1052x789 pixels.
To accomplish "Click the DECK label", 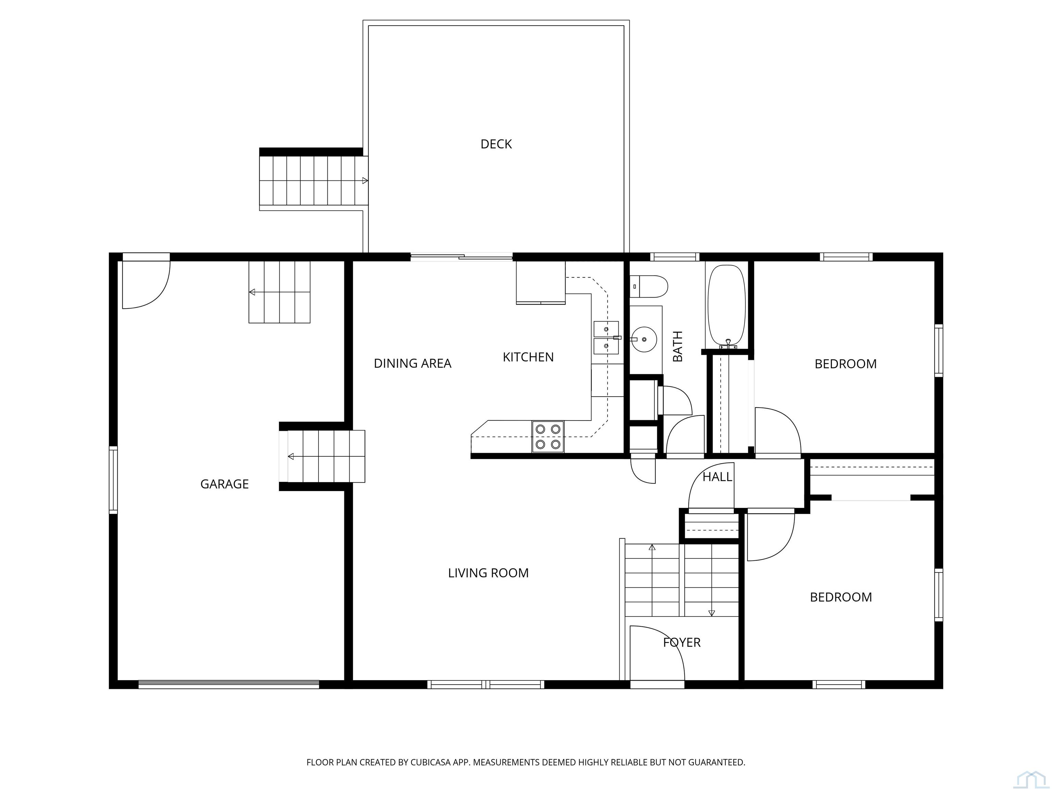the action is [x=496, y=144].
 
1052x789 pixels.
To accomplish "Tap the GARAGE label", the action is [x=225, y=484].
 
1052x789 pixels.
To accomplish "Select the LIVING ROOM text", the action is [x=488, y=573].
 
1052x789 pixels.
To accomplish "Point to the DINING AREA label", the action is [x=412, y=363].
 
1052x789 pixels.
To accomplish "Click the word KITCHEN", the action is [x=528, y=357].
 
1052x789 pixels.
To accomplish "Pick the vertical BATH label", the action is [x=678, y=346].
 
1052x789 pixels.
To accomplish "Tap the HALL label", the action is [x=717, y=477].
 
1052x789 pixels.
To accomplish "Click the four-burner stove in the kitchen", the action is [x=548, y=437].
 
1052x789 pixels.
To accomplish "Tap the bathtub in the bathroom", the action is [x=727, y=305].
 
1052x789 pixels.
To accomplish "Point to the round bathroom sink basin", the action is [x=643, y=340].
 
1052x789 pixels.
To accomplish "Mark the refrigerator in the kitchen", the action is [x=541, y=282].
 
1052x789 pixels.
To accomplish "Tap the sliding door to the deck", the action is [x=461, y=257].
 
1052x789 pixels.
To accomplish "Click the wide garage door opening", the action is [x=229, y=684].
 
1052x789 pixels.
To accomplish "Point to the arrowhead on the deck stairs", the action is [x=365, y=181].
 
